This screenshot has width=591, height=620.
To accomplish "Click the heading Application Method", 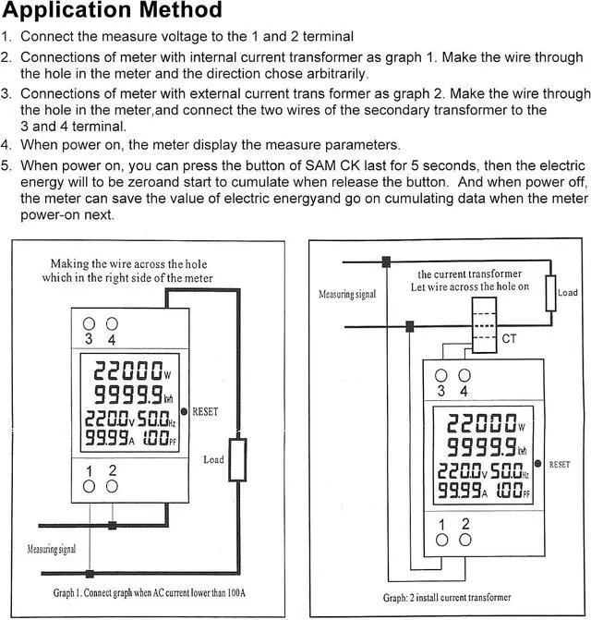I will point(112,12).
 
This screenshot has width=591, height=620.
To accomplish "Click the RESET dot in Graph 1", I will point(186,411).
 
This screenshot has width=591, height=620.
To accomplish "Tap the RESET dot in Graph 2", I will point(542,464).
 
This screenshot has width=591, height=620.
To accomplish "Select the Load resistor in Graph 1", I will point(238,459).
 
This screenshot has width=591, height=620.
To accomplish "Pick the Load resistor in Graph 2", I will point(550,293).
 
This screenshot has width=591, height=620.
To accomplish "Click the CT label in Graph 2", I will point(509,339).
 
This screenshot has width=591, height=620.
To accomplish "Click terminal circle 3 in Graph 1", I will point(90,323).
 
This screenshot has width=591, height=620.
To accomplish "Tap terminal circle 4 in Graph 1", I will point(112,323).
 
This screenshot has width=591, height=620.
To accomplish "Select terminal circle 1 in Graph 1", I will point(90,487).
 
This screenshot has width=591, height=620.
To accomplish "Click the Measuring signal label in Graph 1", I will point(47,552).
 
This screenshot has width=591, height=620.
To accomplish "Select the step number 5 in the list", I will point(6,165).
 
